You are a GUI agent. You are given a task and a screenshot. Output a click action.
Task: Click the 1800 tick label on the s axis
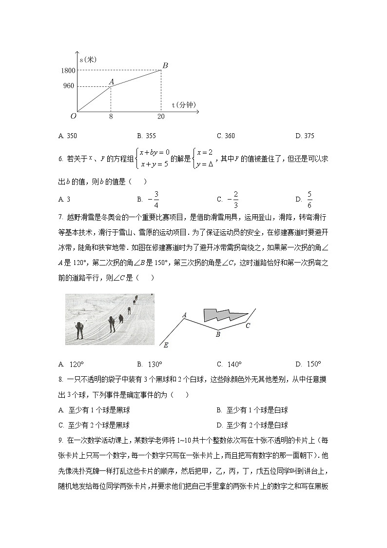click(x=68, y=71)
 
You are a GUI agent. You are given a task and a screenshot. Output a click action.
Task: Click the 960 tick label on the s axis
click(x=69, y=86)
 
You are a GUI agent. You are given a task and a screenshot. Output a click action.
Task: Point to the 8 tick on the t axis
click(x=111, y=117)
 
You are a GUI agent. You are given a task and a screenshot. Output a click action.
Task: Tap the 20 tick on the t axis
click(x=161, y=117)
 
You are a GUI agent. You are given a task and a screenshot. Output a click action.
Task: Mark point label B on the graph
click(x=165, y=65)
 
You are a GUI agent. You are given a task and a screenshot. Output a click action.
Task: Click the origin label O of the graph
click(x=73, y=116)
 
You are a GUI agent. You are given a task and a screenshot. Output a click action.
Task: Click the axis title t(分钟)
click(x=183, y=105)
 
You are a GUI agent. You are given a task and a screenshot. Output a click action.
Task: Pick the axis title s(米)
click(x=88, y=60)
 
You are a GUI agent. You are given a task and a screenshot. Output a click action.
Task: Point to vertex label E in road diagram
click(x=166, y=345)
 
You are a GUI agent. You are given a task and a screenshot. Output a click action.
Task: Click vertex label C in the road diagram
click(x=248, y=325)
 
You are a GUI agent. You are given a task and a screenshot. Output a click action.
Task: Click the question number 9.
click(x=60, y=441)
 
